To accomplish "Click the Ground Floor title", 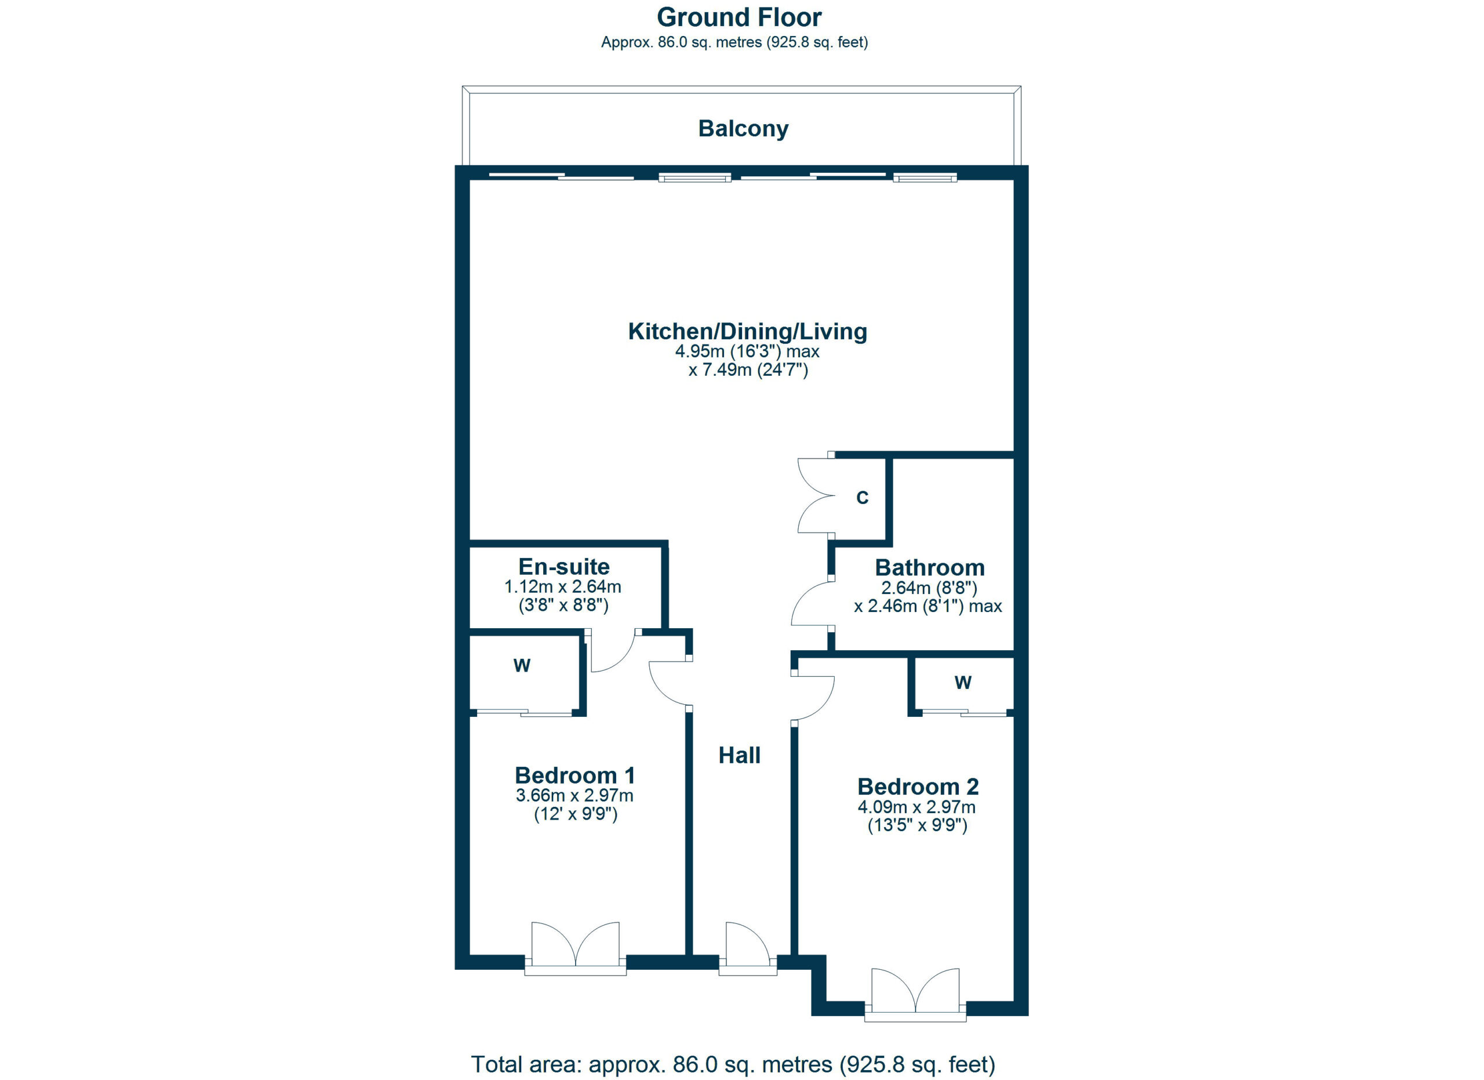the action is (739, 17).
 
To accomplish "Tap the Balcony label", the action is (743, 128).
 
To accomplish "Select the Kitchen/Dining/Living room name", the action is (748, 331).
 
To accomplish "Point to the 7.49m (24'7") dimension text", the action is (748, 371).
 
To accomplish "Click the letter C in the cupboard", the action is (863, 498).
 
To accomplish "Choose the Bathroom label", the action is (930, 567).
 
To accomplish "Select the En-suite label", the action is (564, 567).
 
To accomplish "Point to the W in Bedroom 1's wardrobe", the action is (522, 666).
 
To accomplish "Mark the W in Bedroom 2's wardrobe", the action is (962, 683).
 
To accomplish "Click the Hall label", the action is (739, 755).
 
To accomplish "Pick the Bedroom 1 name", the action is (575, 775).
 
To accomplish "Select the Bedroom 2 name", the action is (918, 786).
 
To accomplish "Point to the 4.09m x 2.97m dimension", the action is (916, 807).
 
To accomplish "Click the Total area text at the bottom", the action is (733, 1064).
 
